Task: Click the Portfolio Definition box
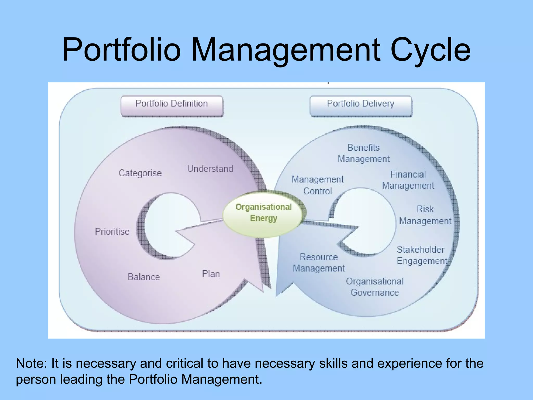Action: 172,105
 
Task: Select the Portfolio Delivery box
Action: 361,105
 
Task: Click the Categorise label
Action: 140,173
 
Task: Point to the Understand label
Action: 210,169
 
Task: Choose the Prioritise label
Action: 112,232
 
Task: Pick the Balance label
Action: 144,277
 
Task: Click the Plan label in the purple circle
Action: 211,274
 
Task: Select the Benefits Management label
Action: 364,153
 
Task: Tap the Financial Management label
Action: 408,180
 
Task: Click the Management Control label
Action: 318,185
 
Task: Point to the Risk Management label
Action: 425,215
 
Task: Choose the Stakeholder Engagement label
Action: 422,255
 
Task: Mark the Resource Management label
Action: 319,262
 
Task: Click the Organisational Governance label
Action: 375,287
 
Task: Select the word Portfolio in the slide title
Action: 122,49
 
